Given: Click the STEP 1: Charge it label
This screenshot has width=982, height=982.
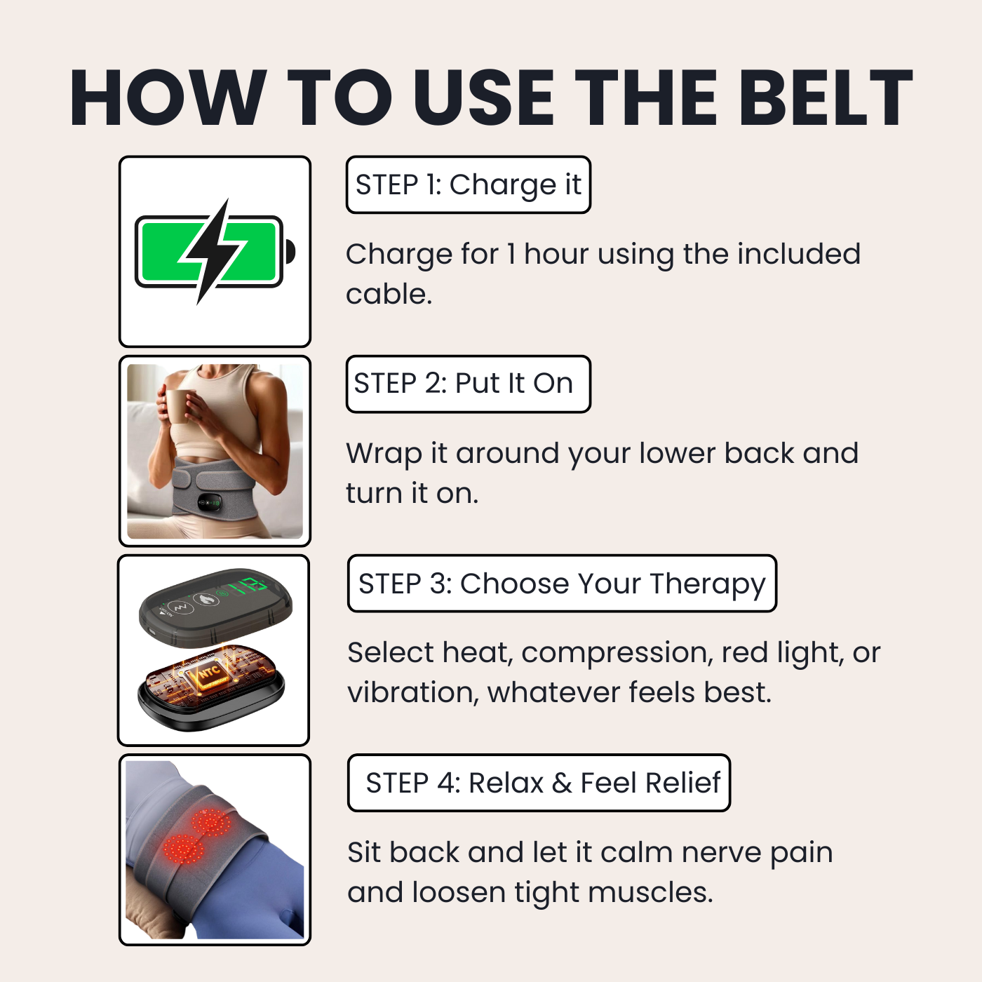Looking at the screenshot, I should (x=468, y=185).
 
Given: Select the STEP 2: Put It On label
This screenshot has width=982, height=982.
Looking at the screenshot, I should (x=468, y=384).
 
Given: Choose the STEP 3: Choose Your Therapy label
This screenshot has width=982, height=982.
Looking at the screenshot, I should (x=562, y=584).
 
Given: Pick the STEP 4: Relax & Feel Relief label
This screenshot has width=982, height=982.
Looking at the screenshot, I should (x=539, y=783).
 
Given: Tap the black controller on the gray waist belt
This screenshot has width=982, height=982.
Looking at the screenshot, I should (x=210, y=502).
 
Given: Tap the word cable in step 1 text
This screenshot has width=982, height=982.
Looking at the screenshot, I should (x=388, y=295).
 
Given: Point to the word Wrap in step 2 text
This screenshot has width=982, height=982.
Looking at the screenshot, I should (x=383, y=455).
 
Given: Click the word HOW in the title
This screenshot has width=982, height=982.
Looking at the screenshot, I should (x=168, y=98).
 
